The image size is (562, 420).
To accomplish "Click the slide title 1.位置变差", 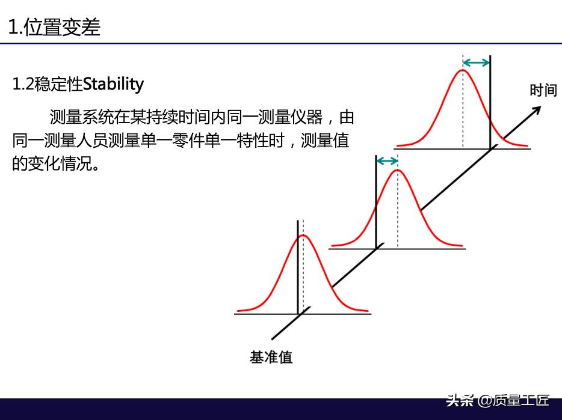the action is [x=54, y=27].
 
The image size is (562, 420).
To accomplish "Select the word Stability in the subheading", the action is [x=113, y=85].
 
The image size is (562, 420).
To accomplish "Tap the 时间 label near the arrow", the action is [x=543, y=90].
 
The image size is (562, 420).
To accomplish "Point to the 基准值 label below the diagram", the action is [x=271, y=357].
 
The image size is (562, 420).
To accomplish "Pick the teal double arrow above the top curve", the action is [x=476, y=63].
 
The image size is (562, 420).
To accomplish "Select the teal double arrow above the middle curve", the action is [x=387, y=161].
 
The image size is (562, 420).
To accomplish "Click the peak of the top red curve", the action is [x=463, y=70].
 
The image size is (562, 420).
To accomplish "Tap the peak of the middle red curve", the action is [x=398, y=170].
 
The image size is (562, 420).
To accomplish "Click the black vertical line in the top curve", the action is [x=490, y=102].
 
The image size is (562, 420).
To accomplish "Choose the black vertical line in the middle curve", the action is [x=376, y=202].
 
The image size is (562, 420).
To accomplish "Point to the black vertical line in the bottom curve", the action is [x=298, y=267].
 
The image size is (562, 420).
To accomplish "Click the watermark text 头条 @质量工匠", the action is [x=498, y=400].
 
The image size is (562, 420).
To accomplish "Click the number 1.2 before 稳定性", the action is [x=23, y=85].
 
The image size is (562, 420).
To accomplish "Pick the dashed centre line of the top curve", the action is [x=463, y=102].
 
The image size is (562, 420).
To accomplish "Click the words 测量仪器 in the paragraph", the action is [x=290, y=117].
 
